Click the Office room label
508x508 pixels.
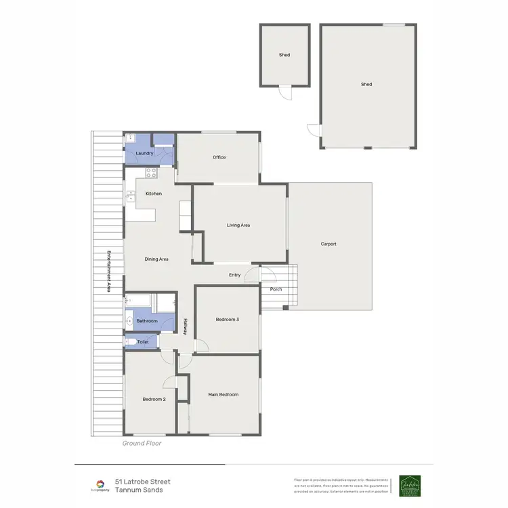pos(219,157)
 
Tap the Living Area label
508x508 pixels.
pos(238,225)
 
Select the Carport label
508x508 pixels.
pos(329,244)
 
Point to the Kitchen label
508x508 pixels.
pos(154,194)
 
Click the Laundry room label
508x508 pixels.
pos(145,154)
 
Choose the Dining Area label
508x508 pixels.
pos(156,259)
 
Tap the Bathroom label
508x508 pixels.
pos(147,320)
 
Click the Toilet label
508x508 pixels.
pos(143,342)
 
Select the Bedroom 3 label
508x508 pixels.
pos(228,319)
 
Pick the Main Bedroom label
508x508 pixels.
pos(223,394)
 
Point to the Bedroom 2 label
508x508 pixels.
pos(154,400)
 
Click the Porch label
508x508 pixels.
pos(276,289)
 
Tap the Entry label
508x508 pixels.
pos(235,274)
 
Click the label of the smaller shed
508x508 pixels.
pos(284,55)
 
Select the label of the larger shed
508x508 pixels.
pos(366,85)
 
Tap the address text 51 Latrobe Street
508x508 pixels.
pos(142,482)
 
